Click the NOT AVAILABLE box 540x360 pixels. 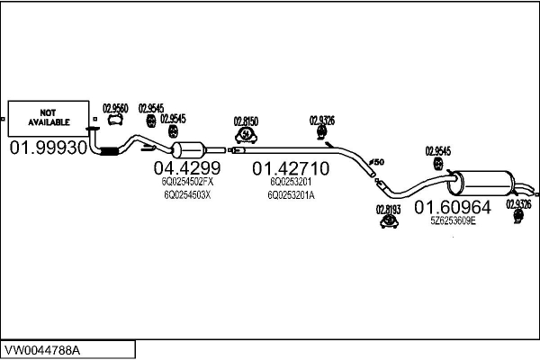coord(49,118)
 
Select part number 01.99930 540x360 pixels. coord(49,148)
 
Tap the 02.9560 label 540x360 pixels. coord(115,109)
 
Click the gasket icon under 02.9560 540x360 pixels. coord(115,120)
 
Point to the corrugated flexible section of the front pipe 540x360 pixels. coord(109,151)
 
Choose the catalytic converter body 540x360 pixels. coord(188,150)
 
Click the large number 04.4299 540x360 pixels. coord(187,167)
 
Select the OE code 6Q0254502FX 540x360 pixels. coord(187,181)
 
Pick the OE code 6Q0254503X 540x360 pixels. coord(187,195)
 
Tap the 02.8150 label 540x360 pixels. coord(246,121)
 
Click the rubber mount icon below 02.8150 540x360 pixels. coord(246,135)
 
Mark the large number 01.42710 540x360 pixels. coord(291,168)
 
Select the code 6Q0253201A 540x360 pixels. coord(291,195)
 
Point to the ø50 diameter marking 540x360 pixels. coord(376,162)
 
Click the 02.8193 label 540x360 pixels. coord(389,210)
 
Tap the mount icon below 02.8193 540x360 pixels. coord(389,221)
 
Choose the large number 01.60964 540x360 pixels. coord(453,207)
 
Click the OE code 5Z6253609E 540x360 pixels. coord(454,220)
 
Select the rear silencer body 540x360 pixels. coord(481,183)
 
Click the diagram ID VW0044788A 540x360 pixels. coord(42,351)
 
